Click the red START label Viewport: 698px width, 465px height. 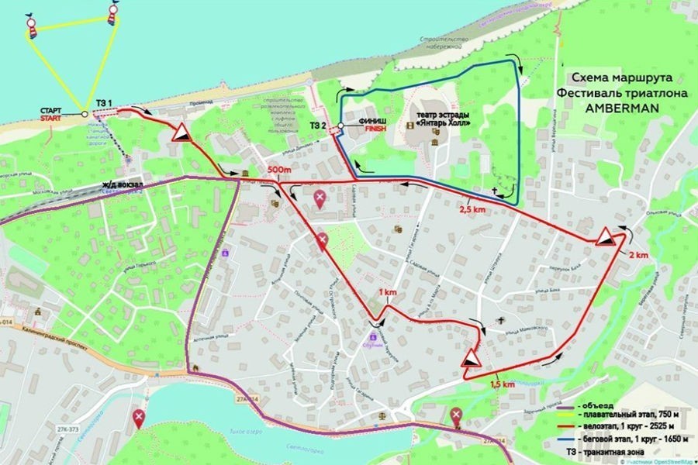[51, 119]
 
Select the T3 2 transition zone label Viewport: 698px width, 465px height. [317, 125]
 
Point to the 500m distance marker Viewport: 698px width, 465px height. [277, 170]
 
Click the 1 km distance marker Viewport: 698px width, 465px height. [386, 291]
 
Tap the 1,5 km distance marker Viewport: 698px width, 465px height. [503, 384]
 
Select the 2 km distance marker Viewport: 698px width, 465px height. [638, 255]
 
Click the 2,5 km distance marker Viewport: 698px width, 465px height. [472, 209]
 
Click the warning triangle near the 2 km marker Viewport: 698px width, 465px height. [606, 239]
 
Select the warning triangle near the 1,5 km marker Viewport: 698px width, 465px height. [471, 359]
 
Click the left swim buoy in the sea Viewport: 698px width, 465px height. [33, 25]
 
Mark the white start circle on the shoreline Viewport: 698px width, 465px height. [84, 114]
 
